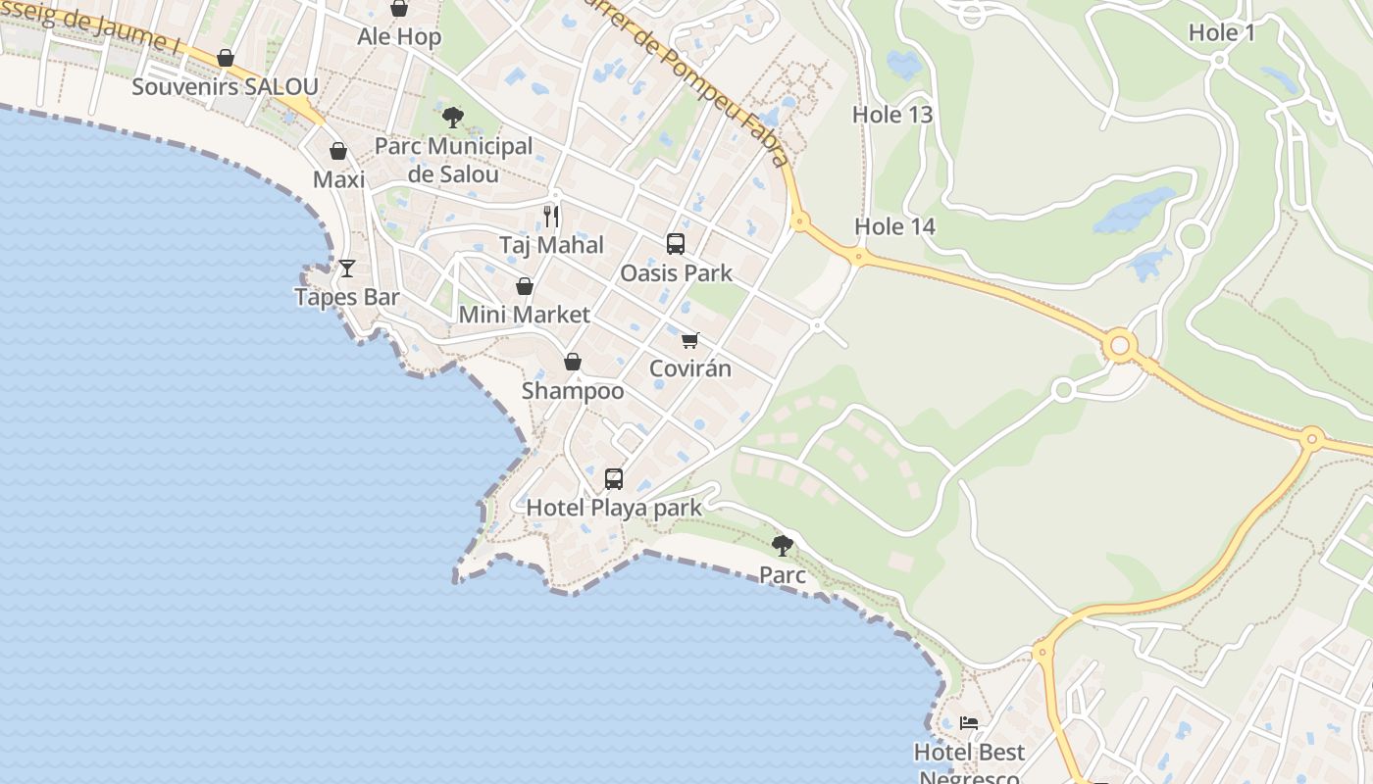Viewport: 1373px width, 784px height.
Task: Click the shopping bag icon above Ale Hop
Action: click(399, 9)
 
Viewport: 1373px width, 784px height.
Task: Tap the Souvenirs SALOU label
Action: click(225, 87)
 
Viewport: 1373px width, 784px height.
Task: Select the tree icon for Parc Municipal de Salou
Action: click(452, 118)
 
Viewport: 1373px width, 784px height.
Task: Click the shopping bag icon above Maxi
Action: click(338, 151)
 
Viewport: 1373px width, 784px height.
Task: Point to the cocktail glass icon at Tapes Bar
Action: click(347, 268)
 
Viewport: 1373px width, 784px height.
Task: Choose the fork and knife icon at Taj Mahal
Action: click(551, 216)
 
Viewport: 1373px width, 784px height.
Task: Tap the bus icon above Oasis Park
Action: click(676, 244)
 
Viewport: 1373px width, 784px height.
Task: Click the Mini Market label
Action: click(525, 315)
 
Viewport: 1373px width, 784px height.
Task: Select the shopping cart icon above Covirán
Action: click(690, 340)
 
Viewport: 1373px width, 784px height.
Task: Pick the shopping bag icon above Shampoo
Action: click(573, 362)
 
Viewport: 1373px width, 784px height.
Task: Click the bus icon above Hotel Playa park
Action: click(614, 478)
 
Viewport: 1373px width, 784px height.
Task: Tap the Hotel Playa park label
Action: click(614, 508)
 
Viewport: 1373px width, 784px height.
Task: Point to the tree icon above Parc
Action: click(782, 545)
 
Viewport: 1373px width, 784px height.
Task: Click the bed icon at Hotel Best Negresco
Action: click(969, 723)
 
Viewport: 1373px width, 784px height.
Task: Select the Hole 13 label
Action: click(891, 115)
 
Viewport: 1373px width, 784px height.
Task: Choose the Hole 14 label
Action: click(894, 226)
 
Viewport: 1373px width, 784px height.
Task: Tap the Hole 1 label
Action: click(1221, 32)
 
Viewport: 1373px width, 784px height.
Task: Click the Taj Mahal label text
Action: click(551, 245)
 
